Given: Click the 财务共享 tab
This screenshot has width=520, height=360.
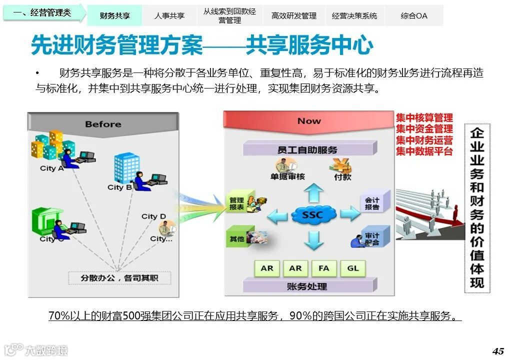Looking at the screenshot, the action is [x=114, y=15].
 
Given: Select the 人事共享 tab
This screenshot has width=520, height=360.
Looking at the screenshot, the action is [x=169, y=15].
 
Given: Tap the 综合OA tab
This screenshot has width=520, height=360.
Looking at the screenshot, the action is [x=414, y=15].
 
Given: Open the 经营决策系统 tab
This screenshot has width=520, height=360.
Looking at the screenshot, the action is [x=354, y=15].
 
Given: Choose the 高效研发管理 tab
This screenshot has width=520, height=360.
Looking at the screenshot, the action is [x=294, y=15].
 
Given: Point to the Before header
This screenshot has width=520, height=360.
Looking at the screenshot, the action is [x=103, y=124].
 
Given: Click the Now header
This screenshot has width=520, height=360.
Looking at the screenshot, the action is [x=309, y=121].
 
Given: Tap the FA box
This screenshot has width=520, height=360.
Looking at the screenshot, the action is [x=324, y=268].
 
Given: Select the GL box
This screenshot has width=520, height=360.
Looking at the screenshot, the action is [x=353, y=268].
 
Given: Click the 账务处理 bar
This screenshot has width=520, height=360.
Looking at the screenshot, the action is [x=307, y=286].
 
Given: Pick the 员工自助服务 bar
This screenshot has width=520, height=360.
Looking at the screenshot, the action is [x=307, y=149].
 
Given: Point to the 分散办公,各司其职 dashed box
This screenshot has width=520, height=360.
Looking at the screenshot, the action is [x=119, y=277].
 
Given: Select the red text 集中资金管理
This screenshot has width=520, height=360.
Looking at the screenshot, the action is [x=424, y=129].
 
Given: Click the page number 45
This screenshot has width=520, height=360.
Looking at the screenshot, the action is [x=498, y=350].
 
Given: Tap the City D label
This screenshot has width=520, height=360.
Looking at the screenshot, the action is [x=153, y=216].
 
